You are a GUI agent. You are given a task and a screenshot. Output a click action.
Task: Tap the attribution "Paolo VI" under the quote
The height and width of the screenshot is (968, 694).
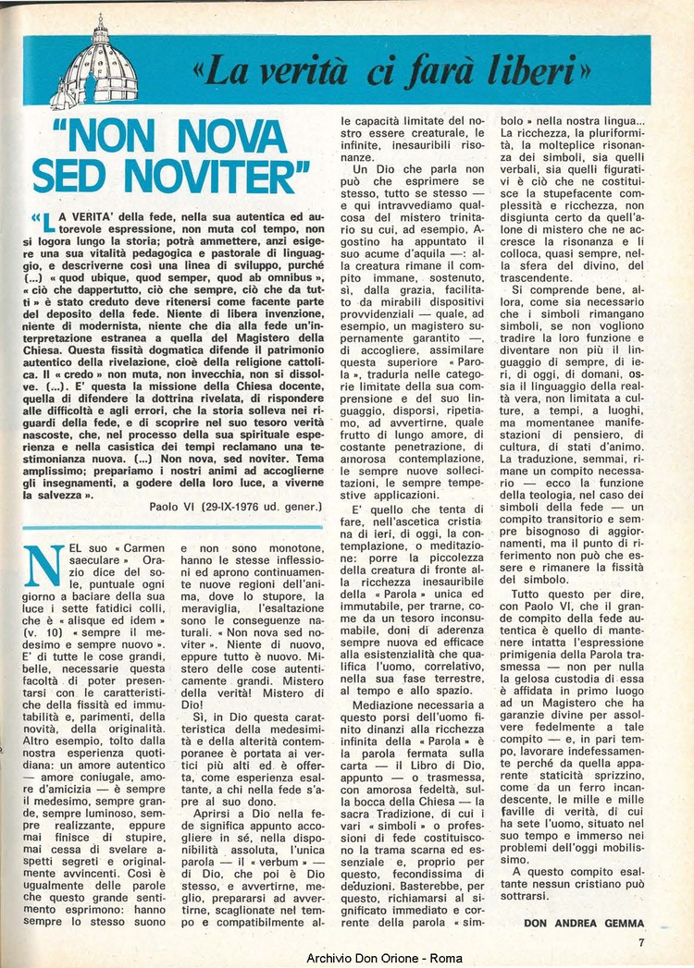pos(175,507)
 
